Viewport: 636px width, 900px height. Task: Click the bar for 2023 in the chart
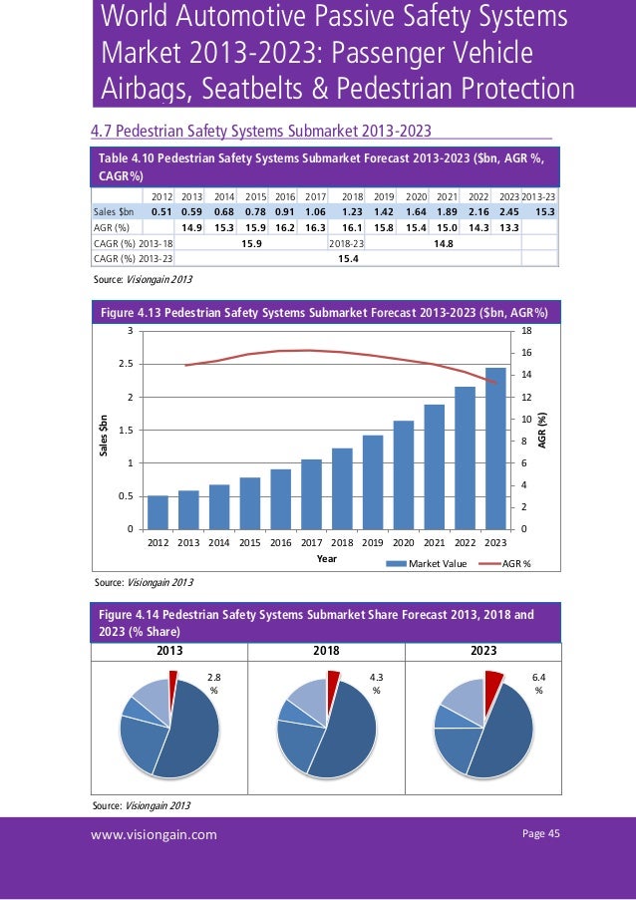click(495, 449)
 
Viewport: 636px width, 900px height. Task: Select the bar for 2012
click(158, 511)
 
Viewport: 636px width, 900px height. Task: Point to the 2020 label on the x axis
click(403, 542)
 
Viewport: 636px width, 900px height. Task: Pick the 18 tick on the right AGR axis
click(524, 332)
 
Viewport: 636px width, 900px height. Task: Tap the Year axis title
click(327, 559)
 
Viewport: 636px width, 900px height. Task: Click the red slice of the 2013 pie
click(172, 682)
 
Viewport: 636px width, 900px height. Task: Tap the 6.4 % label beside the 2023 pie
click(538, 684)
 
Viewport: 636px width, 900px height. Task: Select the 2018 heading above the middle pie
click(326, 651)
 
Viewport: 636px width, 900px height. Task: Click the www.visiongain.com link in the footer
click(154, 834)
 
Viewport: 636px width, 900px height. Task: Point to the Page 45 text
click(541, 834)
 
